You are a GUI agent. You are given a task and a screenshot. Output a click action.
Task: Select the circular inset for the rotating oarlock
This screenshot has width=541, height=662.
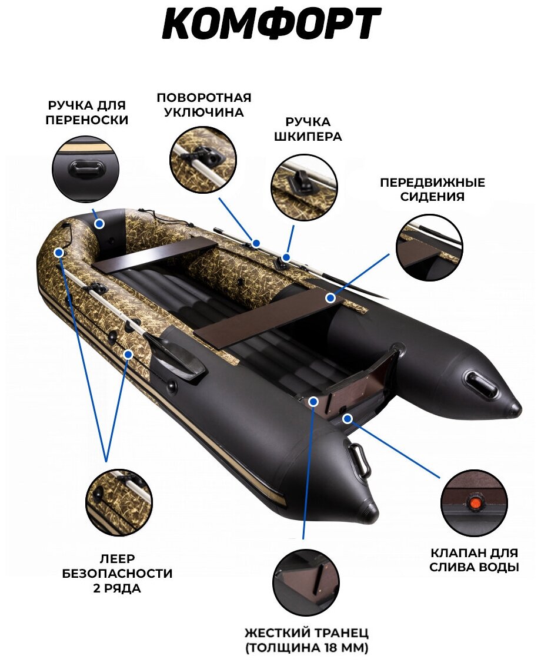[203, 156]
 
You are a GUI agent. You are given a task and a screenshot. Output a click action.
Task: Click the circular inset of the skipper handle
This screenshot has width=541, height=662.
[303, 188]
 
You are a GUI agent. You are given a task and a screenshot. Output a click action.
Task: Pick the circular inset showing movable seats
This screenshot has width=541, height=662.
[428, 247]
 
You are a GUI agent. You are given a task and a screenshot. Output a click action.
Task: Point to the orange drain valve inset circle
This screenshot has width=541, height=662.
[474, 503]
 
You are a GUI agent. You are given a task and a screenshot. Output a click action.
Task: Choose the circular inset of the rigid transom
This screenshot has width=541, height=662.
[306, 582]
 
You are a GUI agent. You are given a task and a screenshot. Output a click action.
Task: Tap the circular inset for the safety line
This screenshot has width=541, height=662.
[119, 502]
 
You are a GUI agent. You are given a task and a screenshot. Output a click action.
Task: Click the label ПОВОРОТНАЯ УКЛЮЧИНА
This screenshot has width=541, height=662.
[203, 105]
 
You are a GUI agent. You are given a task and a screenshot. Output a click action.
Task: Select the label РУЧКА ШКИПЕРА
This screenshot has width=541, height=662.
[308, 129]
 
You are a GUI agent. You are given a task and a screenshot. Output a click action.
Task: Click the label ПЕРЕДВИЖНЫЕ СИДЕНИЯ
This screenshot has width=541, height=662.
[432, 189]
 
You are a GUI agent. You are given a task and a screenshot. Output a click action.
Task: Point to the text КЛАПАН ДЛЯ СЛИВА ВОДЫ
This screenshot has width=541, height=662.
[474, 560]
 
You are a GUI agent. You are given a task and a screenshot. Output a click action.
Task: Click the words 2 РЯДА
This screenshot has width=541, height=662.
[117, 588]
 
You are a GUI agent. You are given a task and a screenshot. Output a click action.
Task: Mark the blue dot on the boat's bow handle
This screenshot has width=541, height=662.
[99, 223]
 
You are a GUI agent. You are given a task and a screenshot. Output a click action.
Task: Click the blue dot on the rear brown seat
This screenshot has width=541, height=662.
[331, 298]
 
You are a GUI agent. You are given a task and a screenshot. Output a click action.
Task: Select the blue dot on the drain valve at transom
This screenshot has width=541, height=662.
[348, 418]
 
